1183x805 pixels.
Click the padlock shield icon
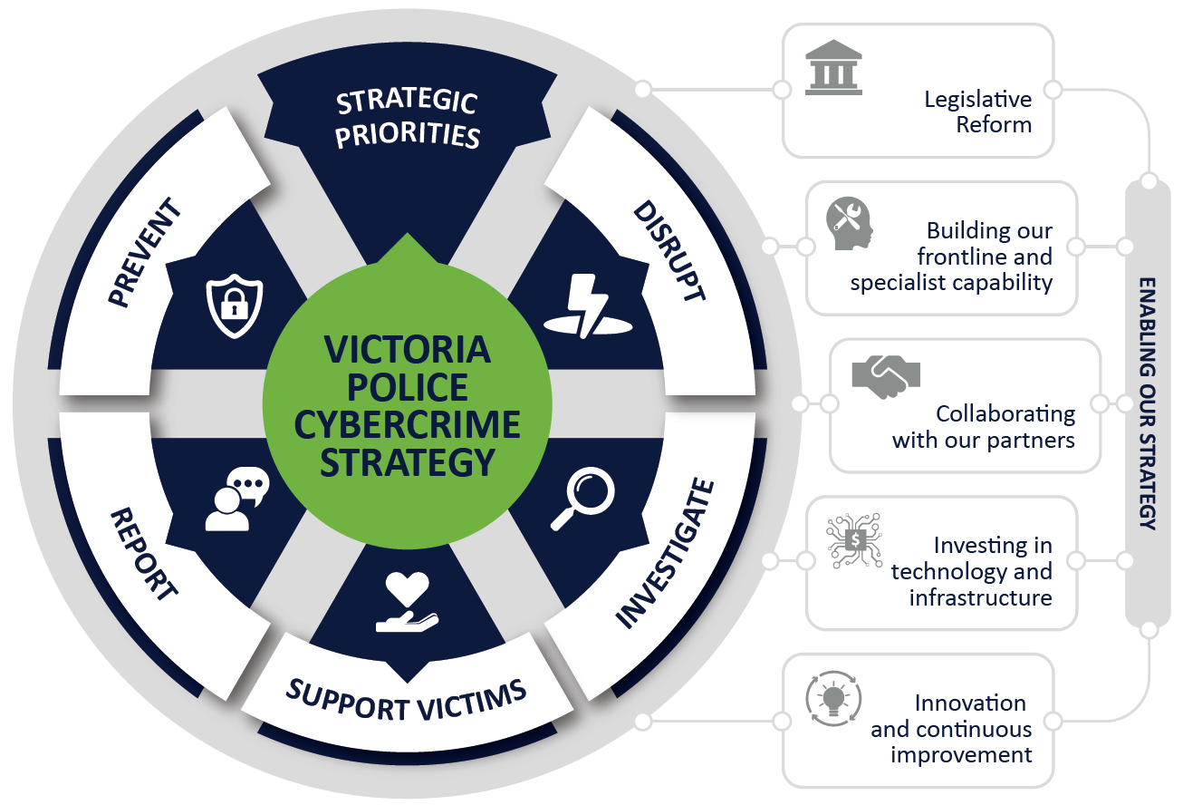(x=234, y=306)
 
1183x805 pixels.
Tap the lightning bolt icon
(x=588, y=306)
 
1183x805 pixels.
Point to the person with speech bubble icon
(x=237, y=499)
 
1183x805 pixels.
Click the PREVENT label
(x=145, y=252)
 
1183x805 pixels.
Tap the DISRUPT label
(x=668, y=250)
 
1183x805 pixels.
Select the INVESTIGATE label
(x=665, y=553)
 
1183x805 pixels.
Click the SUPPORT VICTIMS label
(x=406, y=700)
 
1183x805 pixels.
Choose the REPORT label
(x=144, y=553)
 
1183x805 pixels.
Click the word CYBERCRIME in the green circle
(x=408, y=424)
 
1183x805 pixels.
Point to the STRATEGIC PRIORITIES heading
(x=408, y=120)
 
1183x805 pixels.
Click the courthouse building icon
(x=833, y=67)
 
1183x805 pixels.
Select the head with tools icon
(x=850, y=223)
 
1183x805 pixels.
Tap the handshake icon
(x=886, y=377)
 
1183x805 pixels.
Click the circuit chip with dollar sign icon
(x=854, y=540)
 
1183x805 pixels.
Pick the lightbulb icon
(x=833, y=699)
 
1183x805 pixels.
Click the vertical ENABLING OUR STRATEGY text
(x=1147, y=403)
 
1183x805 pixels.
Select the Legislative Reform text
(x=978, y=112)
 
